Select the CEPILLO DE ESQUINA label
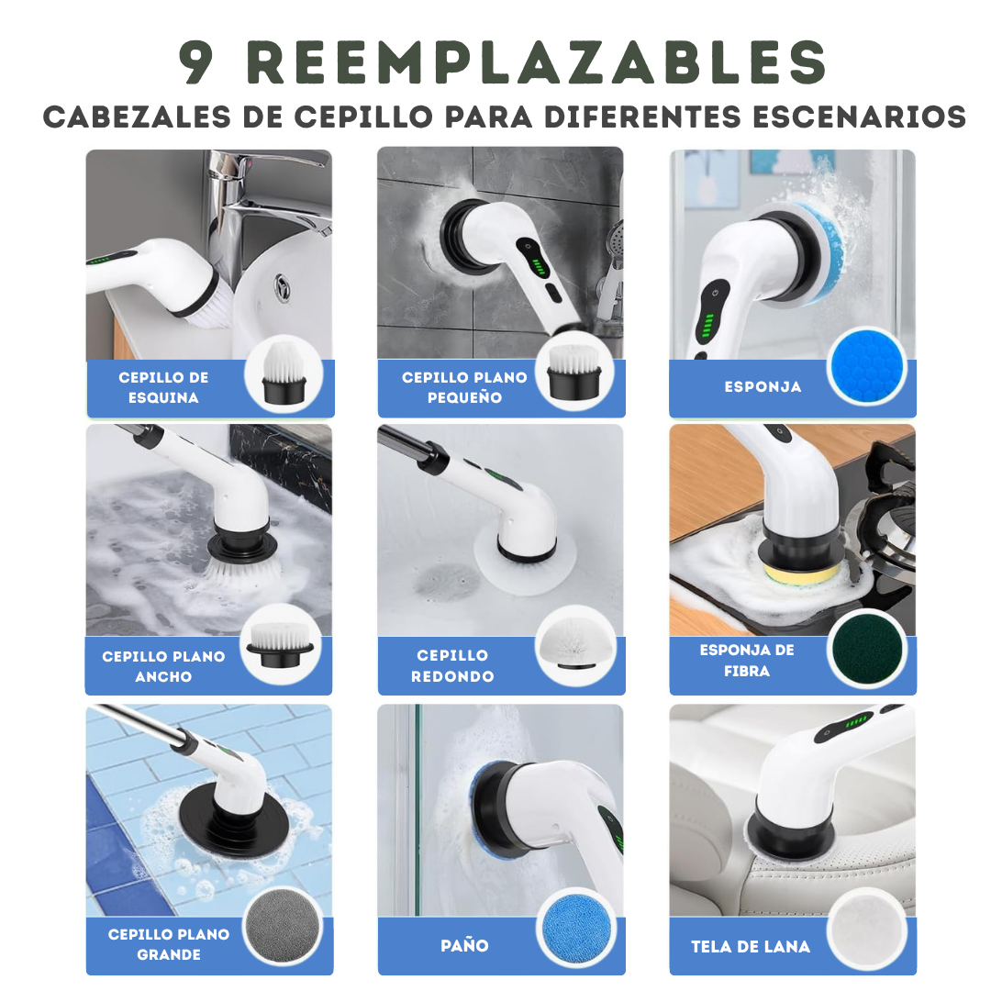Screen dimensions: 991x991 (163, 387)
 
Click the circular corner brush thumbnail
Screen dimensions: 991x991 (284, 375)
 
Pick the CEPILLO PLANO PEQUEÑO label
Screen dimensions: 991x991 (464, 387)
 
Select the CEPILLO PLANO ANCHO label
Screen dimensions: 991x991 (163, 666)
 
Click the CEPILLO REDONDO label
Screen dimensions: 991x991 (452, 665)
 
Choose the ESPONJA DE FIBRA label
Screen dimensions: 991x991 (747, 660)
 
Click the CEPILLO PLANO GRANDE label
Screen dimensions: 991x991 (169, 944)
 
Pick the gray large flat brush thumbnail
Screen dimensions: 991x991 (284, 927)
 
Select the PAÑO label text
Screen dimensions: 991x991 (464, 945)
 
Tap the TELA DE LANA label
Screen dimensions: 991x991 (751, 946)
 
